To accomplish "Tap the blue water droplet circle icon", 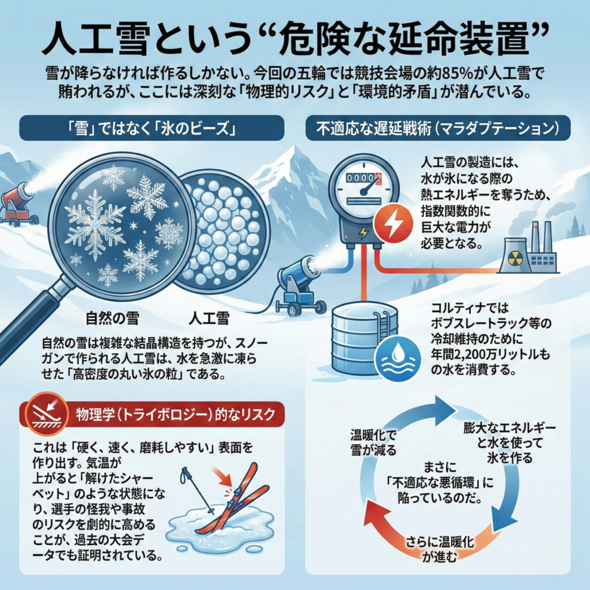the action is pos(398,358).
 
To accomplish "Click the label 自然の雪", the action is pos(112,318).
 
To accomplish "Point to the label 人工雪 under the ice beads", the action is pos(209,318).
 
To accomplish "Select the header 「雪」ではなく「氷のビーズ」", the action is pos(152,128).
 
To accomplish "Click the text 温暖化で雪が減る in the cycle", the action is pos(373,442).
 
